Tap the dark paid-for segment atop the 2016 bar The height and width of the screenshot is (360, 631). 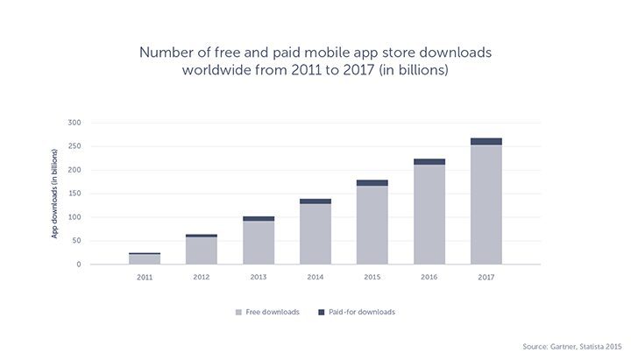[x=429, y=161]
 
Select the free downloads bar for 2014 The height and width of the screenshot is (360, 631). [x=315, y=233]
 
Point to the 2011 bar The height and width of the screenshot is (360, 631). [x=144, y=259]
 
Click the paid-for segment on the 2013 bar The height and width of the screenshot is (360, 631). [x=258, y=218]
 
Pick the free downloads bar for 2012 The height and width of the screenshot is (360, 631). [x=201, y=251]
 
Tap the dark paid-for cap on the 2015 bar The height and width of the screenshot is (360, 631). [x=372, y=182]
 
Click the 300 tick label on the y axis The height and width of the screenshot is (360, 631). [x=74, y=123]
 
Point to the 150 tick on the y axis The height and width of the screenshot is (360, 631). [x=74, y=194]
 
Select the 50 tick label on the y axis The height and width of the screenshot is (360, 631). [x=76, y=241]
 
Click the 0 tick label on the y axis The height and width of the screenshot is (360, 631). [x=79, y=265]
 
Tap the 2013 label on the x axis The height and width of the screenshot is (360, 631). [x=258, y=278]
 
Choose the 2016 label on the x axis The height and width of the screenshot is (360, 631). [x=429, y=278]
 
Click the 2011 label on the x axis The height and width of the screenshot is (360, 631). [x=144, y=278]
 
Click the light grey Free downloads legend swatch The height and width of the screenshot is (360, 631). [x=238, y=312]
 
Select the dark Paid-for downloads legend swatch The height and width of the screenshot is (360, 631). [x=322, y=312]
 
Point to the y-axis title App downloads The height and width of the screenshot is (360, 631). [x=54, y=194]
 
